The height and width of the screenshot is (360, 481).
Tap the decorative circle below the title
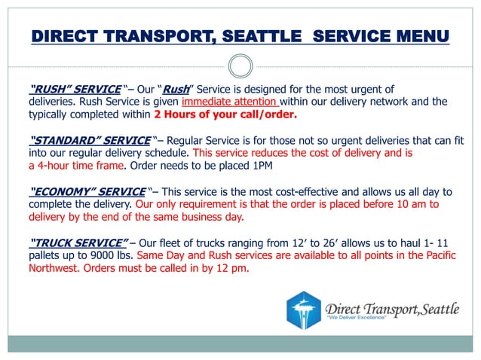(x=240, y=66)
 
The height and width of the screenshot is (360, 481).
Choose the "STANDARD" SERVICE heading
(x=89, y=140)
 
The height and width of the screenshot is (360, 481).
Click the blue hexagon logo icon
(x=304, y=310)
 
